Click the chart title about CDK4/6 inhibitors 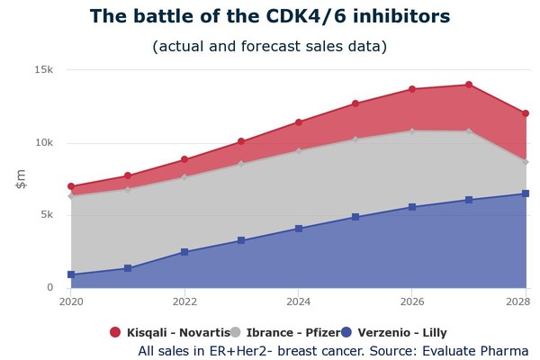[x=270, y=17]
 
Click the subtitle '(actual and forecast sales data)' [x=270, y=46]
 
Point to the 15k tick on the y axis [x=44, y=70]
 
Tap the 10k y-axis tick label [x=44, y=143]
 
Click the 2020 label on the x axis [x=70, y=301]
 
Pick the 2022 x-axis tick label [x=184, y=301]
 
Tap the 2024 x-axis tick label [x=299, y=301]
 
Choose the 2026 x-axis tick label [x=412, y=301]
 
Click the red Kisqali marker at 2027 [x=469, y=85]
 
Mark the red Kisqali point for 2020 [x=71, y=187]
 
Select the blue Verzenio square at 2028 [x=526, y=193]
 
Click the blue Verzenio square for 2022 [x=184, y=252]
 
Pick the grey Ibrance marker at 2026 [x=412, y=130]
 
